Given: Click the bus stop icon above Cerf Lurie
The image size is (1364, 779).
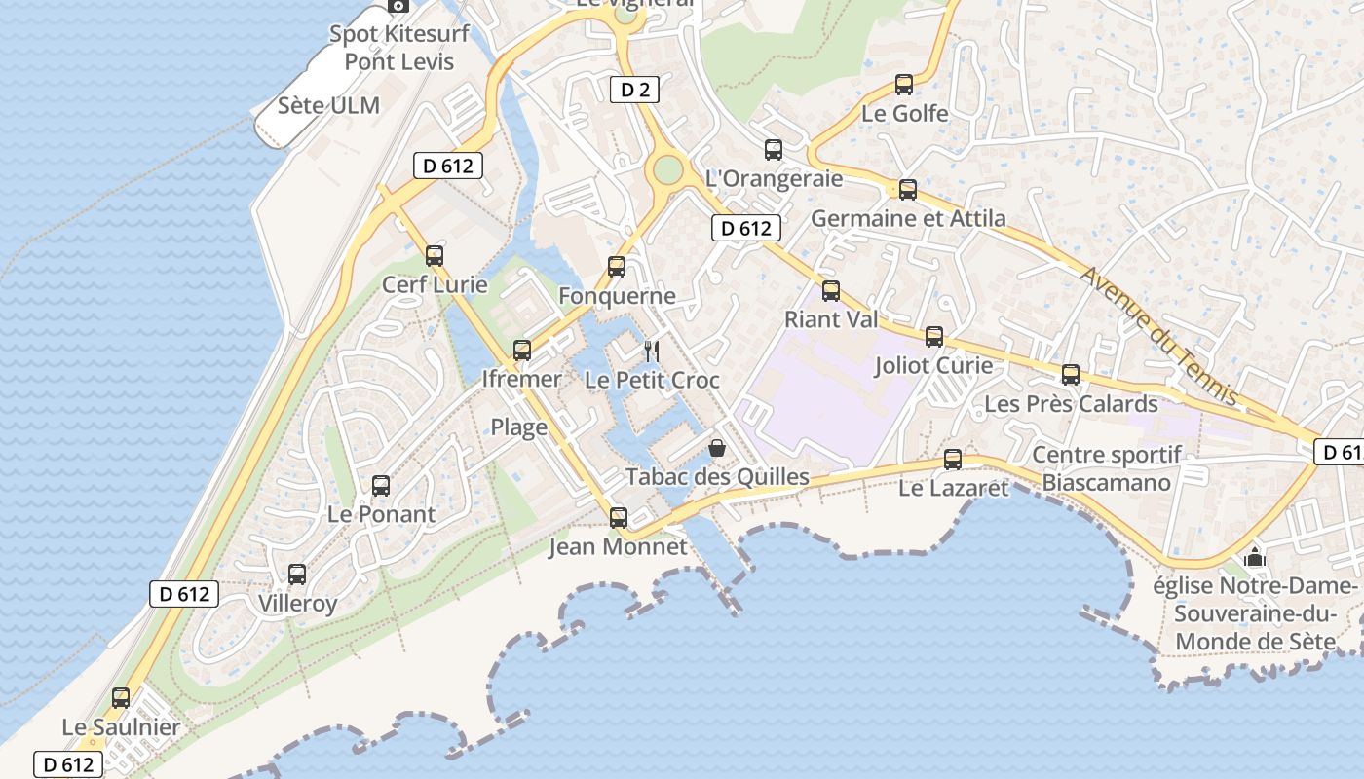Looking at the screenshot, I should tap(435, 256).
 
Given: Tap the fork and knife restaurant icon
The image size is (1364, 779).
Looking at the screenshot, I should tap(652, 351).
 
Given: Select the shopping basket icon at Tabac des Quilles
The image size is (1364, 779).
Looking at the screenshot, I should tap(717, 448).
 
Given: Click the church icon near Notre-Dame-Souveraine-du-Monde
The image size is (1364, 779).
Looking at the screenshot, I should tap(1255, 557).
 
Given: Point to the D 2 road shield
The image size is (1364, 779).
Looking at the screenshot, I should tap(634, 91).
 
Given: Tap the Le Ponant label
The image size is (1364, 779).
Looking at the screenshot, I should tap(381, 514).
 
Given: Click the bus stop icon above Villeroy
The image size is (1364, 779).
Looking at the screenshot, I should tap(297, 575).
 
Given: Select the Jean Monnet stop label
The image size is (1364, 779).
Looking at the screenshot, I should tap(618, 546).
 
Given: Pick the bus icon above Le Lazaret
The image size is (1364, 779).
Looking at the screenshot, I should tap(953, 460).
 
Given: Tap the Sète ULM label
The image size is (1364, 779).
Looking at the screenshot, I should tap(328, 105).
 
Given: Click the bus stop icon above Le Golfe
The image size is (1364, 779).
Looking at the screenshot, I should tap(904, 85).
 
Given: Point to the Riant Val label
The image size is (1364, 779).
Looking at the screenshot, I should tap(831, 319).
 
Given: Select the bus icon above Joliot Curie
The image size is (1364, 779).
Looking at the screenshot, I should tap(934, 337).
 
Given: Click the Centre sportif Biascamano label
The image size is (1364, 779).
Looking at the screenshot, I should tap(1107, 468).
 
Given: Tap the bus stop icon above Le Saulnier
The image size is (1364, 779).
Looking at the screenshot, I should tap(121, 698).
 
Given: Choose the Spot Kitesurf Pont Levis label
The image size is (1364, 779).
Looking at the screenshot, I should tap(399, 48).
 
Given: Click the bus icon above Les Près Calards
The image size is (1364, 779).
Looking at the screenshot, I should tap(1071, 375).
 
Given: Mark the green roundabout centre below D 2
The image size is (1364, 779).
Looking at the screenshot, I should tap(667, 169).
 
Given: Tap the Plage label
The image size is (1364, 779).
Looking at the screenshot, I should tap(518, 427).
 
